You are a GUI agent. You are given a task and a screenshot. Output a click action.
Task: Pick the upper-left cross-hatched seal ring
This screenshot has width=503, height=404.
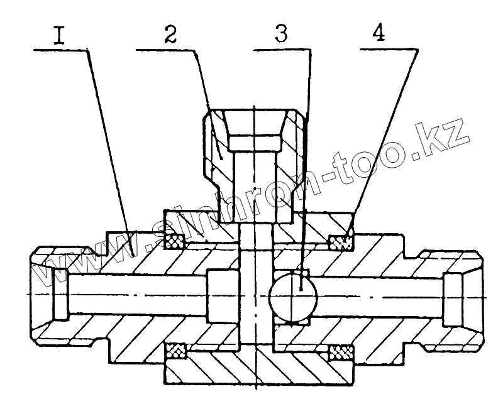[x=174, y=239]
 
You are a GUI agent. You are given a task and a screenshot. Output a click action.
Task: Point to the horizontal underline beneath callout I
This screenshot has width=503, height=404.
[x=60, y=48]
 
